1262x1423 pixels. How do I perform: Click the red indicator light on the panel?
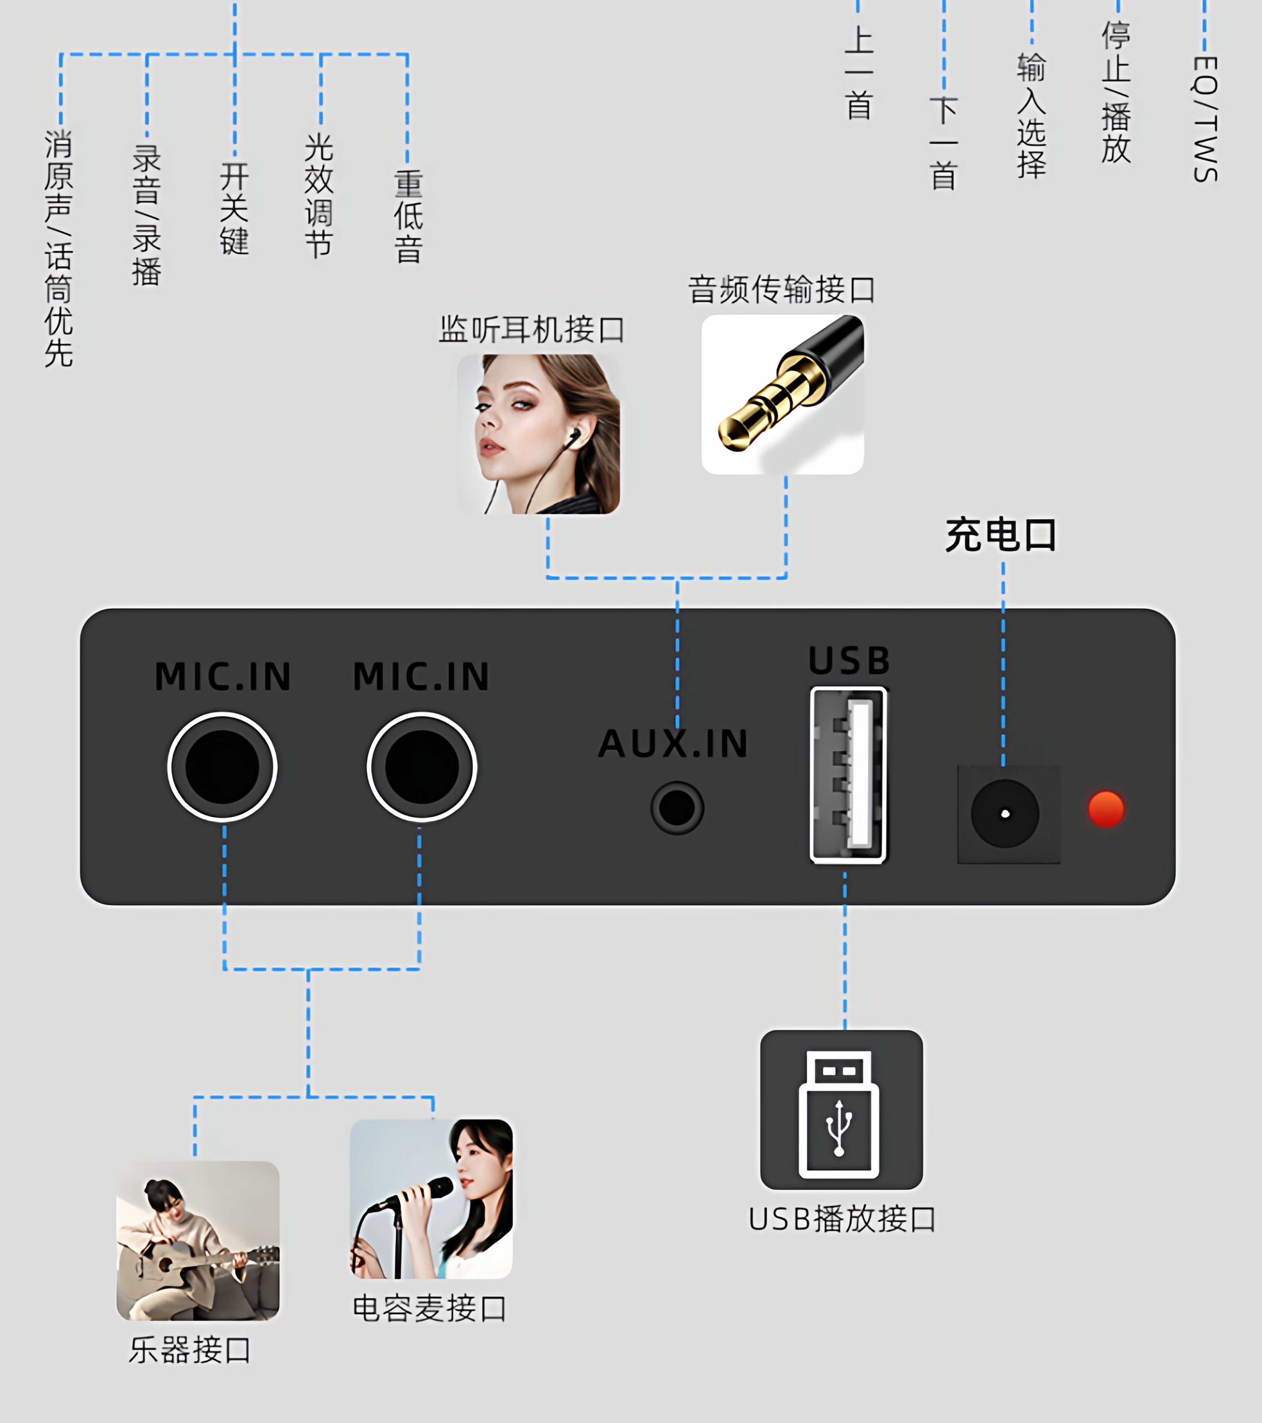point(1106,809)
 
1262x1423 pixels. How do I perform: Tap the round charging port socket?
point(1005,814)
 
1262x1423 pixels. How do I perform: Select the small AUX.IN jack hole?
point(677,808)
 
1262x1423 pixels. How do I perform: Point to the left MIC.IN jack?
point(222,767)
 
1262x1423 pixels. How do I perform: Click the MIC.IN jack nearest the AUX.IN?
point(421,767)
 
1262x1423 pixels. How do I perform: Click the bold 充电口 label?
point(1001,535)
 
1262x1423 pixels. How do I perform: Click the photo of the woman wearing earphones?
point(538,434)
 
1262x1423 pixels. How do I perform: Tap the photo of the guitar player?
point(198,1241)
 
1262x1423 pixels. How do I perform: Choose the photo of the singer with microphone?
point(431,1199)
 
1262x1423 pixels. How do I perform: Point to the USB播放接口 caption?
point(842,1219)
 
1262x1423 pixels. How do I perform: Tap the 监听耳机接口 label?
point(532,329)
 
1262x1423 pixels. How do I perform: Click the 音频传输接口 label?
point(782,289)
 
